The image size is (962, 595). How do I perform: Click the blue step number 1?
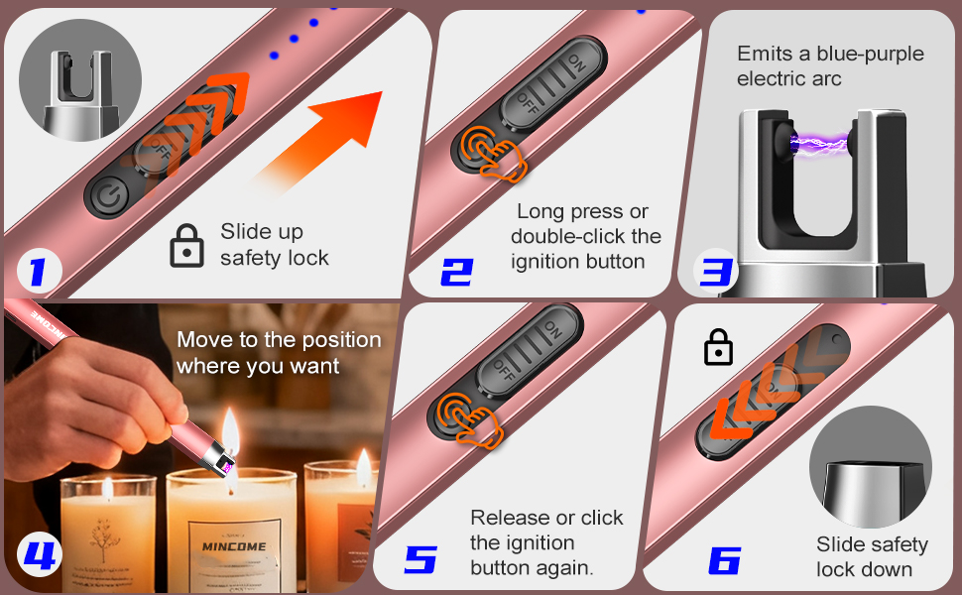(x=38, y=271)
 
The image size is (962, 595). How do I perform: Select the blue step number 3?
(x=715, y=270)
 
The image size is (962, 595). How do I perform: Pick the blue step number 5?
(x=421, y=559)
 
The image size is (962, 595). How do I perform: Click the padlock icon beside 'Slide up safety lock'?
(x=186, y=245)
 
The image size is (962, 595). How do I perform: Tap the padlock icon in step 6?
(x=718, y=347)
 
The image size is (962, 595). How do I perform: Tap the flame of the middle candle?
(x=230, y=429)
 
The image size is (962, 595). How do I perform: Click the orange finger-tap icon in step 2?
(x=493, y=154)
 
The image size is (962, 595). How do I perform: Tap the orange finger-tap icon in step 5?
(x=468, y=420)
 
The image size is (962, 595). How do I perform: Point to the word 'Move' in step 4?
(x=204, y=340)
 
